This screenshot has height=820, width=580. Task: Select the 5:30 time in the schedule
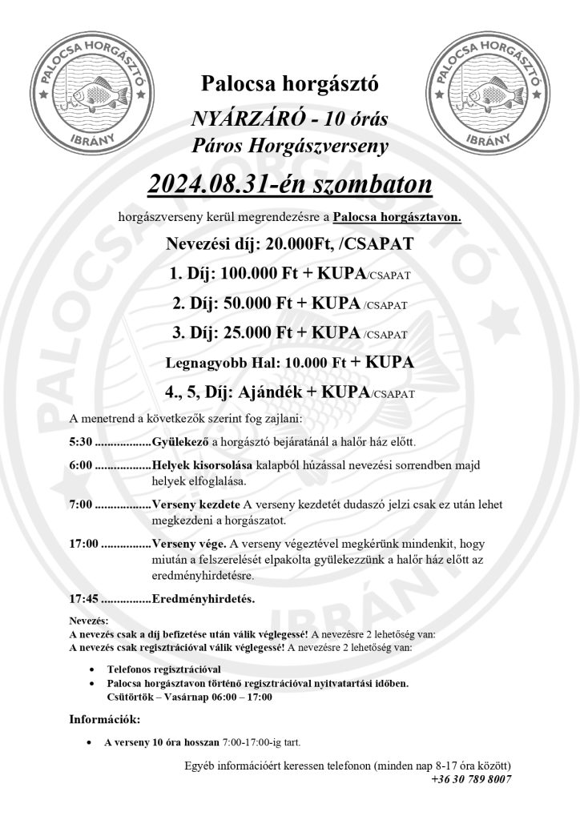point(82,442)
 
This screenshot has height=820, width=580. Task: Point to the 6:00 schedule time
point(82,466)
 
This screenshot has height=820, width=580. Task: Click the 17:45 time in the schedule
point(85,597)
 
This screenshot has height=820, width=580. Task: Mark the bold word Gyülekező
point(180,442)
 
